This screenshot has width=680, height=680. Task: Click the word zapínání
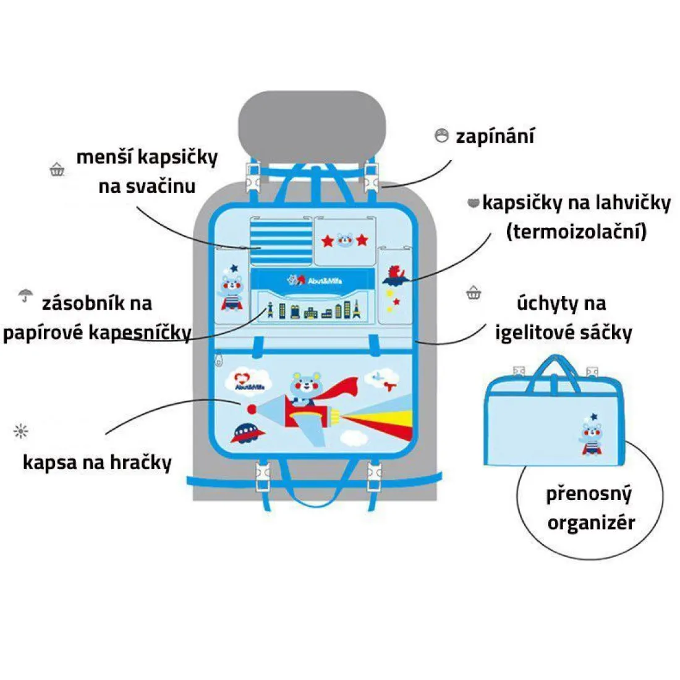point(495,137)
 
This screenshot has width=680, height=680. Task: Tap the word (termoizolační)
point(576,232)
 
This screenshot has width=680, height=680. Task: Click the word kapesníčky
point(140,333)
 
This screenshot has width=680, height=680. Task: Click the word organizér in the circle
point(591,523)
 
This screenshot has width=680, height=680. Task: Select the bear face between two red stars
point(345,239)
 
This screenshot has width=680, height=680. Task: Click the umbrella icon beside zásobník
point(25,295)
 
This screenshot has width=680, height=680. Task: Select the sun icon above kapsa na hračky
point(21,431)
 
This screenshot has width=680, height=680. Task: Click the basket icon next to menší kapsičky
point(57,168)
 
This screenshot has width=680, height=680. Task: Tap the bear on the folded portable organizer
point(591,435)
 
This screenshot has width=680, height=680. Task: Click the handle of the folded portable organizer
point(555,368)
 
